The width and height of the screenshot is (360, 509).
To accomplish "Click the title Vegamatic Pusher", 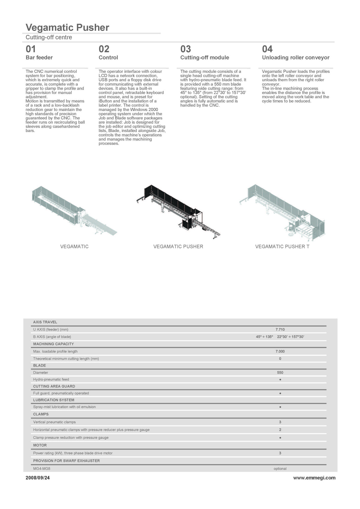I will coord(67,28).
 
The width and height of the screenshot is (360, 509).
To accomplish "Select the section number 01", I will coord(31,49).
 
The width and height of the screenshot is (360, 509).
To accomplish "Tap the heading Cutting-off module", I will coord(205,58).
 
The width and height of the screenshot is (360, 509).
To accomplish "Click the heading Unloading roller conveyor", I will coord(295,58).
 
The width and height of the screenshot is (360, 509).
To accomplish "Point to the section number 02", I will coord(104,49).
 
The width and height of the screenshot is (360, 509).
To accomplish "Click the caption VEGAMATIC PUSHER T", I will coord(282,247).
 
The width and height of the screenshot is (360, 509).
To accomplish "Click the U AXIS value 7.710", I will coord(280,329).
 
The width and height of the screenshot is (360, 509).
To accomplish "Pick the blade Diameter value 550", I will coord(280,373).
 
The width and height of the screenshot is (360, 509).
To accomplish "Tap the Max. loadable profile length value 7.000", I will coord(280,351).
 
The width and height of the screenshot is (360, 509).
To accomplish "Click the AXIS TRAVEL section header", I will coord(45,322).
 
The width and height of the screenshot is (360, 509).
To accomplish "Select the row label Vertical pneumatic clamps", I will coord(54,422).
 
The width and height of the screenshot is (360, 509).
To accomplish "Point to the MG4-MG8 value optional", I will coord(280,469).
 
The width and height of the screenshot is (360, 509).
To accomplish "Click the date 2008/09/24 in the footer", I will coord(38,478).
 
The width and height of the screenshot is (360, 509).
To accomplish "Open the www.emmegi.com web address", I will coord(314,478).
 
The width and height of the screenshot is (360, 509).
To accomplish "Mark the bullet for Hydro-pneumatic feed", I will coord(280,379).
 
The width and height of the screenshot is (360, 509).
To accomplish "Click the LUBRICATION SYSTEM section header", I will coord(54,400).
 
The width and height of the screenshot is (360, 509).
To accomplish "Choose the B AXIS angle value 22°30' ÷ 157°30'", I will coord(290,337).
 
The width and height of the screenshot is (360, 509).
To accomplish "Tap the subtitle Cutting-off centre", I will coord(49,37).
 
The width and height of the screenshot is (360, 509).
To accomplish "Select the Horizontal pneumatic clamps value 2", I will coord(280,430).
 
